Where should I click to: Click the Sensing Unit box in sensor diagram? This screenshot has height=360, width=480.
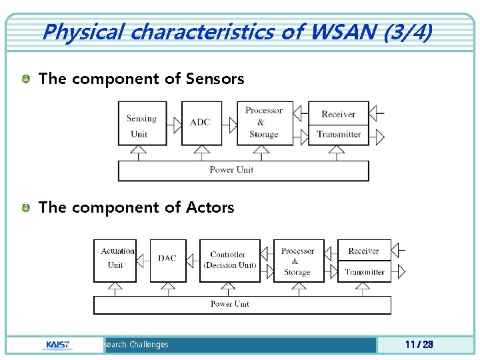click(x=141, y=126)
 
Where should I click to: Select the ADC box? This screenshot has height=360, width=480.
click(x=200, y=123)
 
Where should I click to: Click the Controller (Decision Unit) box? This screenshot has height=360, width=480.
click(x=229, y=259)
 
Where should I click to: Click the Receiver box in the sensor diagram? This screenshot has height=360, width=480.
click(x=339, y=114)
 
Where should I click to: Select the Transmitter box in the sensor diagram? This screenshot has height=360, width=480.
click(x=339, y=135)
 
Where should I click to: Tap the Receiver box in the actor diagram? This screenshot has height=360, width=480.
click(x=364, y=251)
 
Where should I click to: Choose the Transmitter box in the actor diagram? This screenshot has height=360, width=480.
click(x=364, y=272)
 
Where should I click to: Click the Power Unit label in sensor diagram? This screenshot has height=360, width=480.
click(x=231, y=170)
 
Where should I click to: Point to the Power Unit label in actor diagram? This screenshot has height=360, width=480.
click(x=230, y=304)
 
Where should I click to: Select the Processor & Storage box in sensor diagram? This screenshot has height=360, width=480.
click(x=264, y=123)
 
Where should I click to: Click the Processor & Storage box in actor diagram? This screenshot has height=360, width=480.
click(x=298, y=261)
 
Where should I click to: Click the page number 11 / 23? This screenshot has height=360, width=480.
click(x=419, y=345)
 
